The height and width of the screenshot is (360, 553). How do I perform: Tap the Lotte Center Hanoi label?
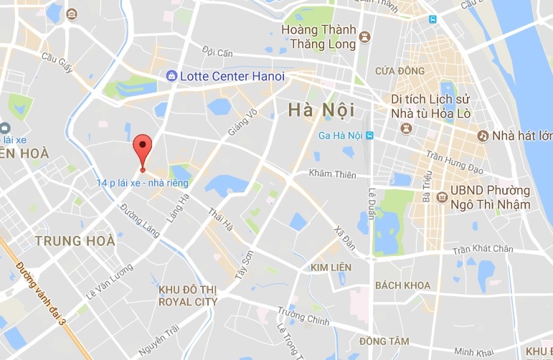pyautogui.click(x=232, y=76)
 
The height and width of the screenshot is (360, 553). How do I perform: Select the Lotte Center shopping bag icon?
pyautogui.click(x=171, y=76)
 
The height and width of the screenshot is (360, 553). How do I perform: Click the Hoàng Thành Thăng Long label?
pyautogui.click(x=319, y=37)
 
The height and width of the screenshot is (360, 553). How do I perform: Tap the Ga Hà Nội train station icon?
pyautogui.click(x=369, y=136)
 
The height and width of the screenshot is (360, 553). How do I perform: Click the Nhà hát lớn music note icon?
pyautogui.click(x=484, y=136)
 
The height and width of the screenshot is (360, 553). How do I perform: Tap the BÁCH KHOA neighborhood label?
pyautogui.click(x=402, y=285)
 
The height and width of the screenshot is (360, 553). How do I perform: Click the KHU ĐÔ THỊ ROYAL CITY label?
pyautogui.click(x=187, y=295)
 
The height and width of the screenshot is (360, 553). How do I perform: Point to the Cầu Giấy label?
pyautogui.click(x=58, y=57)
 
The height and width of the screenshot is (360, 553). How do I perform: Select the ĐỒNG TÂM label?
pyautogui.click(x=384, y=340)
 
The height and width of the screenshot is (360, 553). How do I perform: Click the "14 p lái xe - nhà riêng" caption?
pyautogui.click(x=143, y=183)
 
